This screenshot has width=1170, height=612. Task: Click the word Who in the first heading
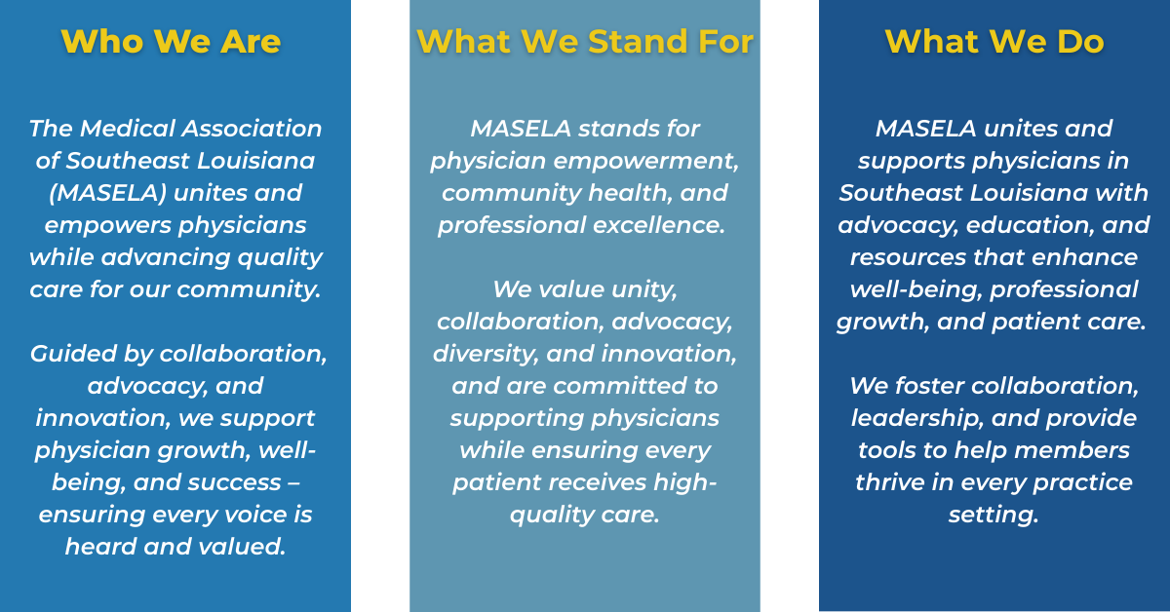click(x=101, y=41)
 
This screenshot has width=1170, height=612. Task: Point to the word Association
click(x=252, y=129)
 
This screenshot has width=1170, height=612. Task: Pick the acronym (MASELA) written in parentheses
click(x=107, y=193)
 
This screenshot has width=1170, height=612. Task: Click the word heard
click(x=100, y=547)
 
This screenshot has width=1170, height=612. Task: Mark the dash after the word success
click(x=293, y=483)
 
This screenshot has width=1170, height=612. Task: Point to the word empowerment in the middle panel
click(x=646, y=161)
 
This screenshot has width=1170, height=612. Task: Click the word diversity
click(x=486, y=354)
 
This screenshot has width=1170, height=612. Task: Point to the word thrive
click(x=890, y=482)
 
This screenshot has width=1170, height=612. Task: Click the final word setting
click(x=994, y=515)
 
